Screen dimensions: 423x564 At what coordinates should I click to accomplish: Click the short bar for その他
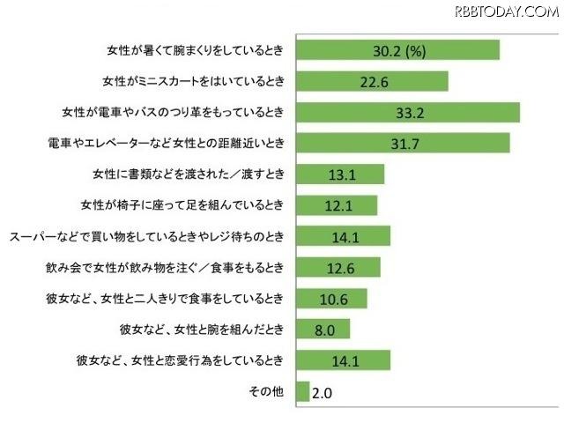[304, 391]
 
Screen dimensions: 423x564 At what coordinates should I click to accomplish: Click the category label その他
[266, 391]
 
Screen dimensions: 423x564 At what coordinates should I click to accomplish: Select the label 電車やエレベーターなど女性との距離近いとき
[168, 143]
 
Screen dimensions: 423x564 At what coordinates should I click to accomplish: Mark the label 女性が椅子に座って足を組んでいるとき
[182, 205]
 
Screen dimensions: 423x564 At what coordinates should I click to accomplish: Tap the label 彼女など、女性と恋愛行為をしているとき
[182, 360]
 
